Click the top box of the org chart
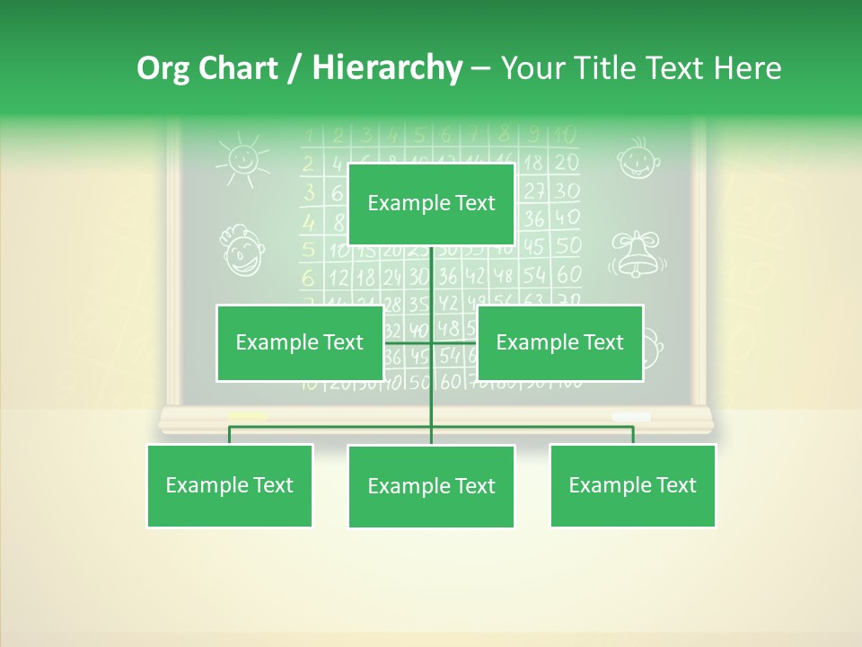(431, 204)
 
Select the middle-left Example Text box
(299, 342)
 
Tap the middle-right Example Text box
(559, 342)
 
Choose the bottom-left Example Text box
(229, 485)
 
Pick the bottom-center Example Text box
(431, 486)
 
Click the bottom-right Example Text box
(632, 485)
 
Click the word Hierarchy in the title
(387, 68)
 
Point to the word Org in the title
(162, 68)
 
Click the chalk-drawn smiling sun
(242, 159)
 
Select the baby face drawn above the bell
(637, 158)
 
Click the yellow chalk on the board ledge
(248, 416)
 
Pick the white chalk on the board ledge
(630, 416)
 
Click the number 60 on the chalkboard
(569, 274)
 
